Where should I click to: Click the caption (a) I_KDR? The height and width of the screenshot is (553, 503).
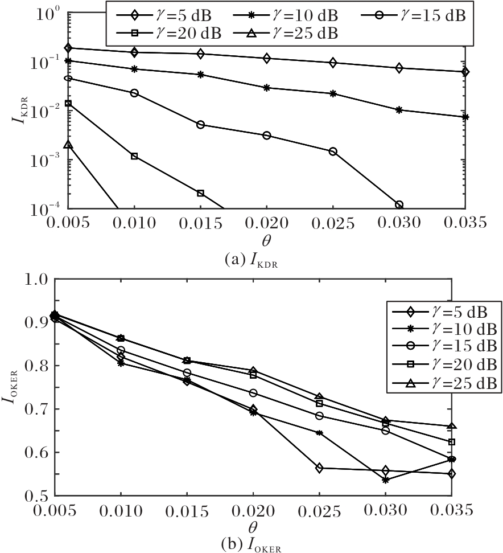pyautogui.click(x=251, y=260)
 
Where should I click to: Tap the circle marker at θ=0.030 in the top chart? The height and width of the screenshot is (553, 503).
pyautogui.click(x=399, y=204)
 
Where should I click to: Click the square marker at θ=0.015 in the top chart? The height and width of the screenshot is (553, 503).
pyautogui.click(x=200, y=193)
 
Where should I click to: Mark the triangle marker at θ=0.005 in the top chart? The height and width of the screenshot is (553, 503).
pyautogui.click(x=68, y=145)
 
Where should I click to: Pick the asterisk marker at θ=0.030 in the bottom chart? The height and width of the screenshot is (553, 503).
pyautogui.click(x=386, y=480)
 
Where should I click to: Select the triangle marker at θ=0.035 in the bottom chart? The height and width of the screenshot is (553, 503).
pyautogui.click(x=452, y=426)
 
